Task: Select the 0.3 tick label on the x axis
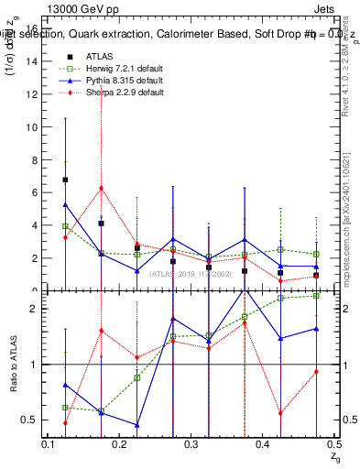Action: [191, 444]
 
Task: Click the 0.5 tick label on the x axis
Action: [333, 444]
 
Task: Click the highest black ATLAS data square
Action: [65, 180]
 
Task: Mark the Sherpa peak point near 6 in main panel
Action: [101, 188]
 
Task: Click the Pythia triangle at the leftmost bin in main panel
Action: [65, 205]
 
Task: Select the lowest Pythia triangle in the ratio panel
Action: [136, 425]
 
